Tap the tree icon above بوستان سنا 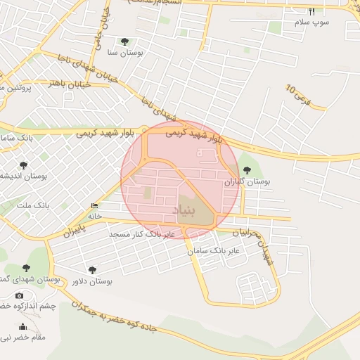pos(125,42)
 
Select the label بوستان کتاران pos(247,181)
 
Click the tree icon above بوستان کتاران pos(246,170)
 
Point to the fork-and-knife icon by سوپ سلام pos(312,11)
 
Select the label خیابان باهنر pos(67,84)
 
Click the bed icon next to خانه pos(94,205)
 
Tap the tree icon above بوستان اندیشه pos(23,165)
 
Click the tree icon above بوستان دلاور pos(92,270)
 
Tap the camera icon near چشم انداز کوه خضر pos(19,295)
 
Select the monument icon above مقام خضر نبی pos(22,326)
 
